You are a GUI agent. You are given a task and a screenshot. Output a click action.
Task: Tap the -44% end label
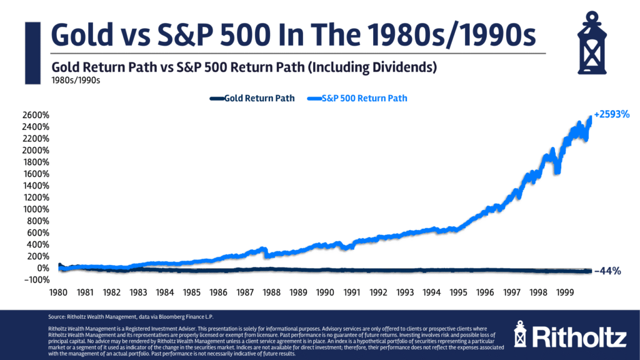pyautogui.click(x=607, y=271)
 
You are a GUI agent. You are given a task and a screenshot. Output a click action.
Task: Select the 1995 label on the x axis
pyautogui.click(x=459, y=292)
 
